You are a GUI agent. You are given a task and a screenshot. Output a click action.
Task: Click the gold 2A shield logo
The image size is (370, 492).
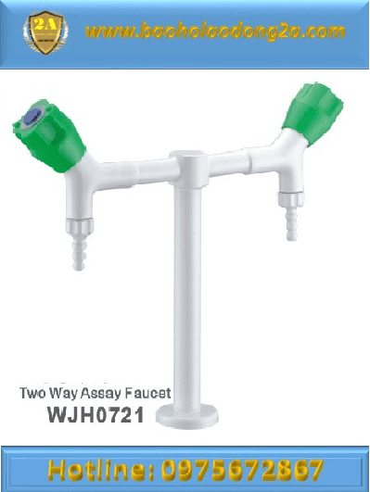(45, 32)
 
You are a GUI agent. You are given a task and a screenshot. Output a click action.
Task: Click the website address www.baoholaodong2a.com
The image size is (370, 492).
(215, 32)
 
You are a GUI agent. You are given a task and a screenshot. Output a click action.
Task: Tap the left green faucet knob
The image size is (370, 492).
(49, 136)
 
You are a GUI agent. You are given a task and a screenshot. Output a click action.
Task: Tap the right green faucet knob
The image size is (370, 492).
(313, 114)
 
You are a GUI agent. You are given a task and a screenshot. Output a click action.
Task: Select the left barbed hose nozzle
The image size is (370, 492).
(78, 253)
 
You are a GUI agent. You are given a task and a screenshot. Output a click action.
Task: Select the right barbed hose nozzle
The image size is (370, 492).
(292, 223)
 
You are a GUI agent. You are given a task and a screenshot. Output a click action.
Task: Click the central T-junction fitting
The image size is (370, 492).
(188, 169)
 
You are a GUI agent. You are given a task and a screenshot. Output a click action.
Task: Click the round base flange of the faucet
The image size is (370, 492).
(187, 417)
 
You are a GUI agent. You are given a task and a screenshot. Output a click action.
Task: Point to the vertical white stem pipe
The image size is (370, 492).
(187, 298)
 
